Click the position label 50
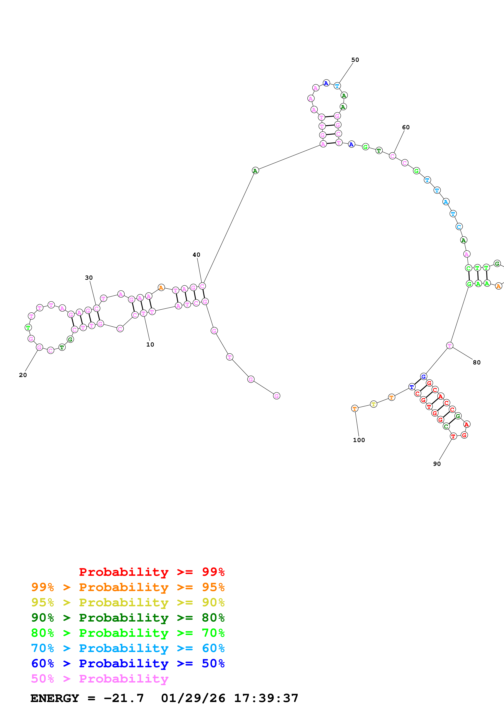(355, 60)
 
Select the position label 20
(23, 375)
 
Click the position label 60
(406, 127)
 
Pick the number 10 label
(150, 344)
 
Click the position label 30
(89, 278)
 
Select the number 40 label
(196, 255)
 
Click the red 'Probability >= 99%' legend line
(151, 572)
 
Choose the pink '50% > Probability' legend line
(100, 679)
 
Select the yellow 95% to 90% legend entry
(128, 602)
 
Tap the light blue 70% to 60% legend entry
(128, 648)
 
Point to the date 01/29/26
(193, 698)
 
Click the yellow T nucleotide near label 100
(373, 404)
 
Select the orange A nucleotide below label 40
(161, 288)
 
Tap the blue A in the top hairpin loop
(326, 83)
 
